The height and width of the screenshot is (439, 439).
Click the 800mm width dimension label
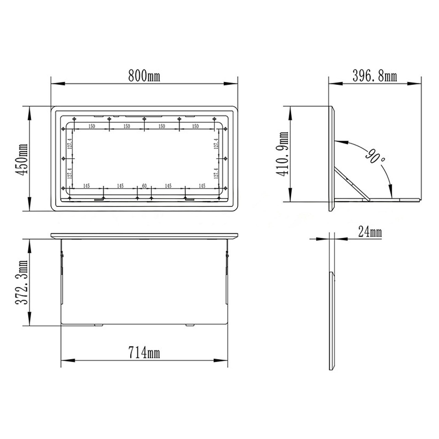point(144,76)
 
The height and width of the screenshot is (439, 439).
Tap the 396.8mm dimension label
point(375,76)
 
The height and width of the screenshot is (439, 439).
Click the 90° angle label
point(375,156)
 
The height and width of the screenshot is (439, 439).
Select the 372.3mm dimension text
point(21,283)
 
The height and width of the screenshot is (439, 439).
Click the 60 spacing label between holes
point(144,186)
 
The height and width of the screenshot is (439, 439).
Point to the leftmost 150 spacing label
point(92,126)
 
